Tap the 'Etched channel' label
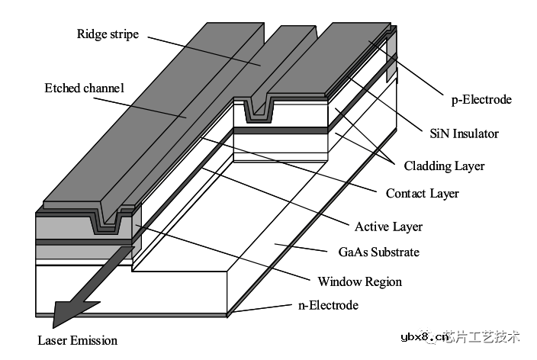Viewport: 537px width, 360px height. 84,88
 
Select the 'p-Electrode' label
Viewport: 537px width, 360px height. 481,99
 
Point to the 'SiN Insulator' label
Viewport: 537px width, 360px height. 463,133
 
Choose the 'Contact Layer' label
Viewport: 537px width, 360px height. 422,193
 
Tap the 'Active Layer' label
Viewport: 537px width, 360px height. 388,227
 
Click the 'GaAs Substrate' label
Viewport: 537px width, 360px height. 378,252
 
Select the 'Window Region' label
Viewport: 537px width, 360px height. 359,281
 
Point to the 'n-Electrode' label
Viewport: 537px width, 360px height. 327,306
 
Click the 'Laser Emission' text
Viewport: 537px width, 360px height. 78,340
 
